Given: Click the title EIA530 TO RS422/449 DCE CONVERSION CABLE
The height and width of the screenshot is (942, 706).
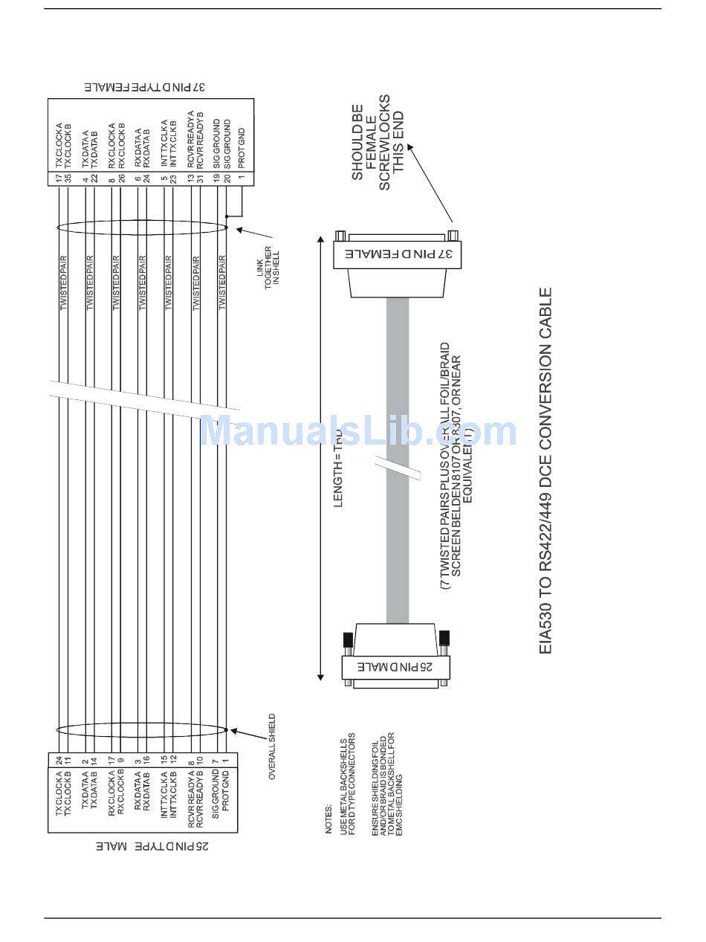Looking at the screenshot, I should coord(546,471).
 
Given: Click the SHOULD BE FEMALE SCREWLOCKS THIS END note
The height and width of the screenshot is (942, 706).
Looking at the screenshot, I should coord(380,142).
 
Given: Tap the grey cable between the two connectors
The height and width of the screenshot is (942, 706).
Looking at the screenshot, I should coord(398,461).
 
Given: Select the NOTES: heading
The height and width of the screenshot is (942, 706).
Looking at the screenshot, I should coord(328,818).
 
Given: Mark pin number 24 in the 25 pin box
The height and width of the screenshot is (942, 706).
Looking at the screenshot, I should coord(58,761).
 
